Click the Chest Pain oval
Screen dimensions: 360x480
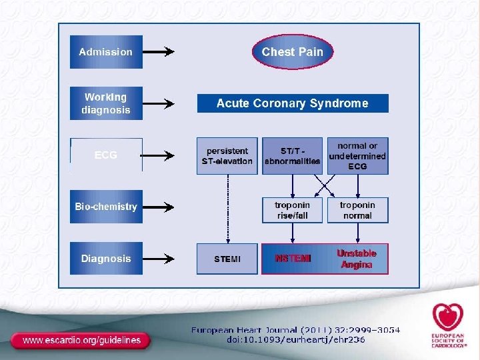pos(292,51)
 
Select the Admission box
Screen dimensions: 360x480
pos(106,52)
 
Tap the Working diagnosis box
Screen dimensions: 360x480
pos(106,103)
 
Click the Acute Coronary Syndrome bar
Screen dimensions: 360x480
pos(292,103)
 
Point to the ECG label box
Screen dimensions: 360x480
pos(106,155)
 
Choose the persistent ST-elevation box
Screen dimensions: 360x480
pos(227,156)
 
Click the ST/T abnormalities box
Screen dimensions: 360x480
pos(292,156)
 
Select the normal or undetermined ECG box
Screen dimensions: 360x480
pos(357,156)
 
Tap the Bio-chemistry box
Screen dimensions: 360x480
pos(106,207)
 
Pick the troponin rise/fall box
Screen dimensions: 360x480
pos(292,210)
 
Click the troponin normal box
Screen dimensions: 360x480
pos(357,210)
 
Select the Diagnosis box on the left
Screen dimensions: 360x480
pos(106,258)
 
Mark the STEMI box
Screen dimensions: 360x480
pos(227,259)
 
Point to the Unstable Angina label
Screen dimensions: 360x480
pos(357,259)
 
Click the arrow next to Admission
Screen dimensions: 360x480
pos(159,52)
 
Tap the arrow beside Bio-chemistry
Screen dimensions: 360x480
pos(159,207)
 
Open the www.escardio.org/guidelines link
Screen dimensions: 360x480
pos(82,340)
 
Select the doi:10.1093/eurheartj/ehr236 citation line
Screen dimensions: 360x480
pos(296,339)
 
